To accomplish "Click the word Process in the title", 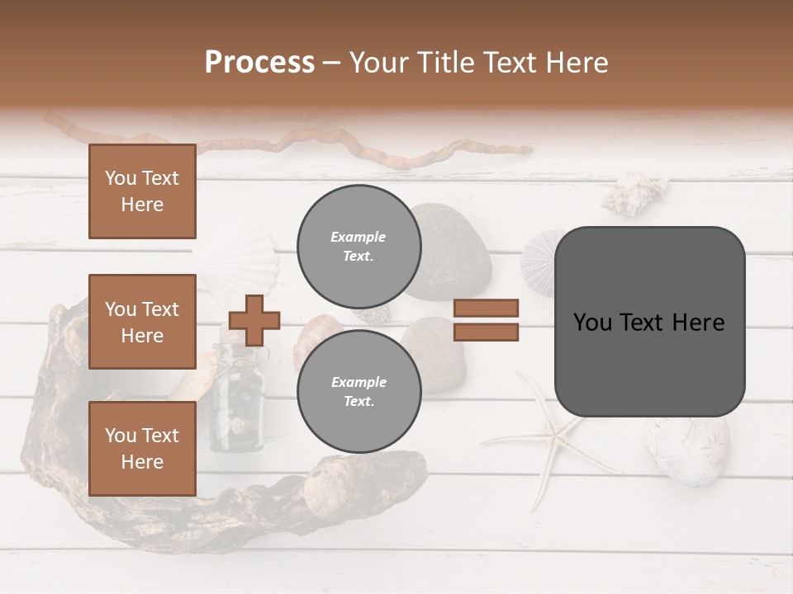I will point(259,63).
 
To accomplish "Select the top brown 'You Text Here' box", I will point(142,191).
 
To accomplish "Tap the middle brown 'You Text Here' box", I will point(142,322).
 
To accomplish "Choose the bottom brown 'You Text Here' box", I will point(142,448).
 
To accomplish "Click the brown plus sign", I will point(254,320).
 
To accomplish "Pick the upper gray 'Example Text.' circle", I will point(359,247).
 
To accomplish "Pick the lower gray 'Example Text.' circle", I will point(359,392).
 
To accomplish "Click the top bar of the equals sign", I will point(486,308).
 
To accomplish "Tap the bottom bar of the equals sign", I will point(486,332).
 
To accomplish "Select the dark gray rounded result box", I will point(649,322).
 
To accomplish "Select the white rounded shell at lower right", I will point(686,450).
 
